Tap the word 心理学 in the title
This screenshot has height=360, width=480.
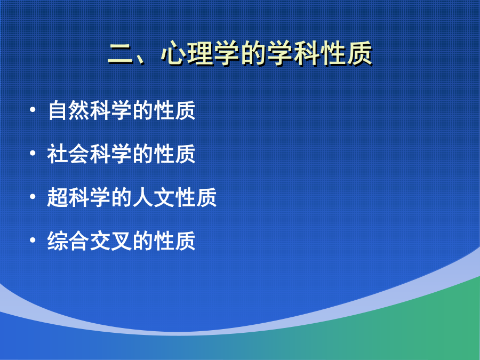point(200,53)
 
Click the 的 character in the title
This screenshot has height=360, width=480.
point(253,53)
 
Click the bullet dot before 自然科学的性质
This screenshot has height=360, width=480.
point(33,109)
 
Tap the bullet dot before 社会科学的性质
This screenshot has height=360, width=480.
point(33,153)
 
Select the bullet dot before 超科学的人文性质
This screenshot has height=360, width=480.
point(33,196)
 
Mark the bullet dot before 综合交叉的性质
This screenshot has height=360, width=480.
point(33,240)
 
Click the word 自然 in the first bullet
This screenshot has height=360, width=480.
point(69,110)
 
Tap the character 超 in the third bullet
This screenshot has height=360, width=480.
point(58,197)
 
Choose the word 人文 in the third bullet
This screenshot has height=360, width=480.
point(153,197)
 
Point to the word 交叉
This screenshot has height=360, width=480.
point(111,241)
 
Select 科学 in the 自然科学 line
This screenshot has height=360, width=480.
point(111,110)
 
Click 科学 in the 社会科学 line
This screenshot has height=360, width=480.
point(111,154)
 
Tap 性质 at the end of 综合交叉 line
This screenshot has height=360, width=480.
point(174,241)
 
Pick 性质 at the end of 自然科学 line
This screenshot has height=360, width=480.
point(174,110)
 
